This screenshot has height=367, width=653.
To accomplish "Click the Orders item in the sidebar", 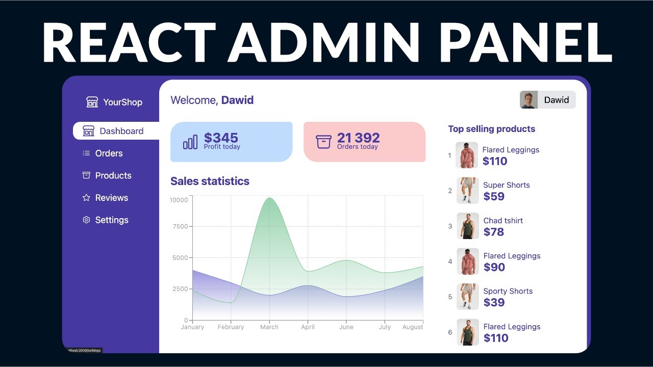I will click(x=109, y=153).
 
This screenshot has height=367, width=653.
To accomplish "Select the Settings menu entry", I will click(x=111, y=220).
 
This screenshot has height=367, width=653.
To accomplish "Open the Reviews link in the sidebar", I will click(x=111, y=198).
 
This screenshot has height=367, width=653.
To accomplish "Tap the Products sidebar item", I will click(x=113, y=175).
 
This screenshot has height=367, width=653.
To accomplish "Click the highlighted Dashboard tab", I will click(x=121, y=131).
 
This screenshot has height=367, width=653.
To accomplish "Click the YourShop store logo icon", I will click(x=92, y=102).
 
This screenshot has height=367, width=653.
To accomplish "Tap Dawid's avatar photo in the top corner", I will click(x=529, y=100).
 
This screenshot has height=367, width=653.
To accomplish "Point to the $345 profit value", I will click(x=221, y=138).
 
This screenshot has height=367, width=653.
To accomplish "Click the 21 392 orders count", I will click(x=358, y=138).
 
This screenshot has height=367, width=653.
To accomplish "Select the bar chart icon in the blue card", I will click(x=190, y=142).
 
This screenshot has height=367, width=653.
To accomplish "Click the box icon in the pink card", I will click(x=323, y=142).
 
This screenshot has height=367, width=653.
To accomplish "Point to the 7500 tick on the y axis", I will click(x=180, y=226).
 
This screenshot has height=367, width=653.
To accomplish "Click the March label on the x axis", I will click(x=269, y=327).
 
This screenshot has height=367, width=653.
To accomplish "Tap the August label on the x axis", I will click(x=412, y=327).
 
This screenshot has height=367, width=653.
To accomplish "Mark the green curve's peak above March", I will click(x=269, y=198).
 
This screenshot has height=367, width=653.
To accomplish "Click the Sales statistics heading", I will click(x=210, y=181).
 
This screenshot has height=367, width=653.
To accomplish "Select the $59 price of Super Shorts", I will click(x=493, y=196).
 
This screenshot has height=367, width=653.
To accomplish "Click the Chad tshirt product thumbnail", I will click(x=467, y=226).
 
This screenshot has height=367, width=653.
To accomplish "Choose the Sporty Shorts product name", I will click(x=508, y=291).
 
